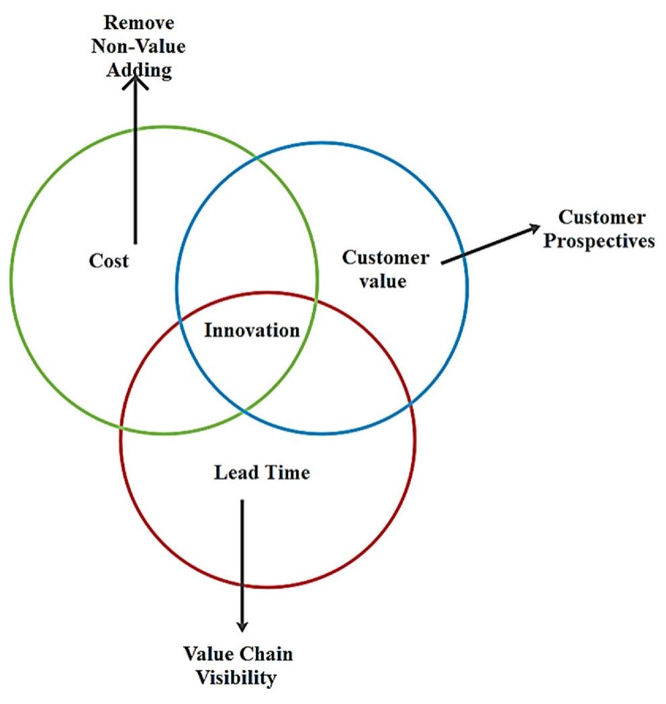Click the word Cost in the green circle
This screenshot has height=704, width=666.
[109, 261]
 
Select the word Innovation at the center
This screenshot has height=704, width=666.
[252, 331]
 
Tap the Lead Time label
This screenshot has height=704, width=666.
[262, 473]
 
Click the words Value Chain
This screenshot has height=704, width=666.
[238, 654]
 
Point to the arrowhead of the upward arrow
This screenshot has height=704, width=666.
[136, 82]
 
